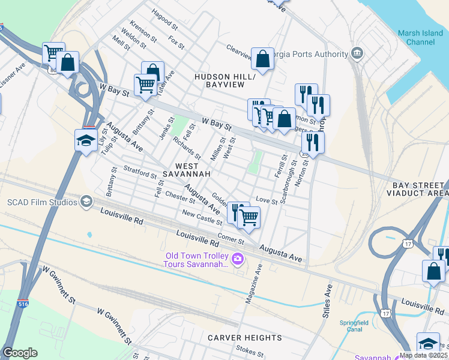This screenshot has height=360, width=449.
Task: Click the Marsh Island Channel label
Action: pos(420,37)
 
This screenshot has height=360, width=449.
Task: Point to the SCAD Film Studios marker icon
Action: pos(86,202)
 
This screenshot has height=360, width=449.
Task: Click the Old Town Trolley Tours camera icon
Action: pos(238,259)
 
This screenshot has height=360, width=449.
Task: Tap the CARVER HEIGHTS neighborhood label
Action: pos(244,338)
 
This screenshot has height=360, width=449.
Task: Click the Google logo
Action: pos(20,353)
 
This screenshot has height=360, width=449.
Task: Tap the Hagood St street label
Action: pos(165,19)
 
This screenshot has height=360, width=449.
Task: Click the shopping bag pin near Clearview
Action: pos(262,59)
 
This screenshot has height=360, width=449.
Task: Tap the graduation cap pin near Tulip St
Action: pos(86,141)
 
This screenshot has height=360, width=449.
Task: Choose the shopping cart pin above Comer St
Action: pos(249,217)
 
